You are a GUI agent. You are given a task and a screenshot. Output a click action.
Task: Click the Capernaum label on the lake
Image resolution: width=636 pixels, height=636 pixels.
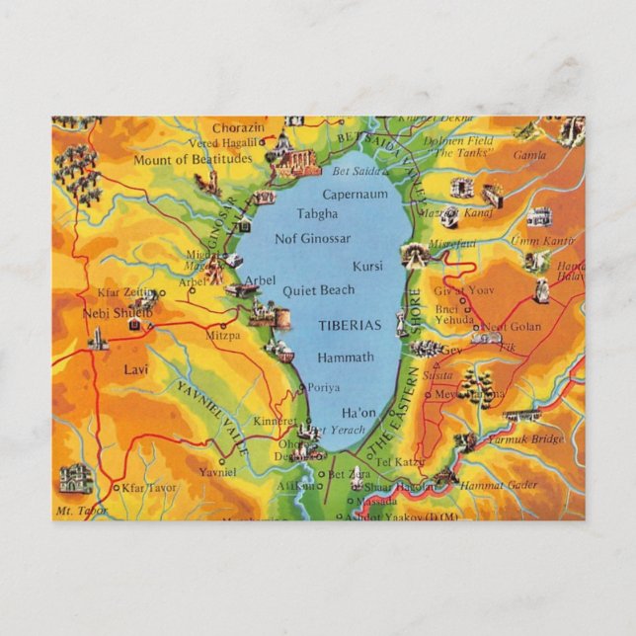pos(355,195)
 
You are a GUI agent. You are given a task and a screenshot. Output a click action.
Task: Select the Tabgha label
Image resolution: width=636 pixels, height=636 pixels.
pos(316,213)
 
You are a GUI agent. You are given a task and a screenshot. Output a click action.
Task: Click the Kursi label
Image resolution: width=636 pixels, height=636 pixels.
pos(366,267)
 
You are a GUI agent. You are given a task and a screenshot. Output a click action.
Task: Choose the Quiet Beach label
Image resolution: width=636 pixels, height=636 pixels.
pos(318,290)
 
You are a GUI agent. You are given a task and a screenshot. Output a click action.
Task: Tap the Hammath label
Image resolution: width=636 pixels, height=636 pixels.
pos(346,357)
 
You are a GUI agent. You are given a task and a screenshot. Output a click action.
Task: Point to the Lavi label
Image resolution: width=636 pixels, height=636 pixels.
pos(136,369)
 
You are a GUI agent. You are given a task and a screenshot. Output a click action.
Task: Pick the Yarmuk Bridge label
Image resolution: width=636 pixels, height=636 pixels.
pos(534,439)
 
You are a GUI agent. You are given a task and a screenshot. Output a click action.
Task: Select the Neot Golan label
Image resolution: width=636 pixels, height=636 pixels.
pos(512,327)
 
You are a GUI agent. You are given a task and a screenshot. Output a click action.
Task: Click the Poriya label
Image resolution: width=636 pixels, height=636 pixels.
pos(323,387)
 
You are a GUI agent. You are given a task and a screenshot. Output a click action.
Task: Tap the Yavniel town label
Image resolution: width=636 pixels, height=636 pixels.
pos(217,472)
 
